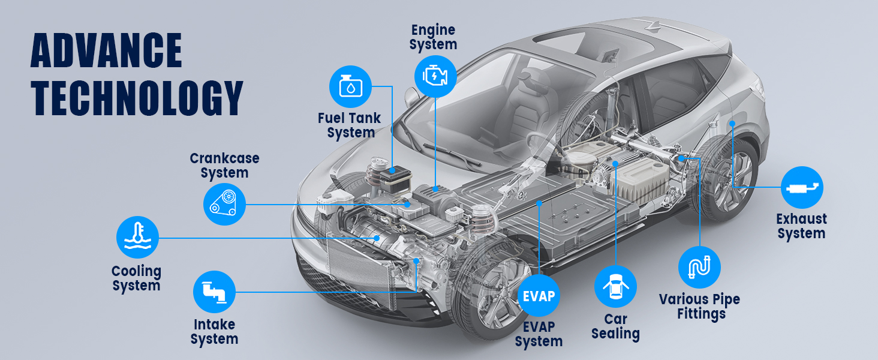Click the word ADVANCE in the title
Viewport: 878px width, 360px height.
(106, 51)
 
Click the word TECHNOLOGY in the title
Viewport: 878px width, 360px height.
(137, 97)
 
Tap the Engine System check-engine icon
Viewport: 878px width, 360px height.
(436, 76)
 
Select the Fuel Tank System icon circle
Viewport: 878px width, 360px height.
(350, 86)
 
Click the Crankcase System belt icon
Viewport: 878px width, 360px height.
(224, 204)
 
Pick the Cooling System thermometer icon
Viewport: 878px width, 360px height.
(137, 237)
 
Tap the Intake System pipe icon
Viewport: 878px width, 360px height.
(214, 292)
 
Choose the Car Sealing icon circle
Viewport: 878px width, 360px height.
(615, 286)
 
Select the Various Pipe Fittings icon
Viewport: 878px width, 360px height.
(699, 267)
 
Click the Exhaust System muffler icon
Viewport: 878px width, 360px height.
(802, 188)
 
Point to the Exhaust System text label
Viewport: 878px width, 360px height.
(801, 226)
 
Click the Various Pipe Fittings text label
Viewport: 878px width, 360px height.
(699, 306)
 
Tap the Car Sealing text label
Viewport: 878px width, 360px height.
(615, 327)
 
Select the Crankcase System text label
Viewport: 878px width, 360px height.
(224, 166)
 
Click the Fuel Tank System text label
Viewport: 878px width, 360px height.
(350, 125)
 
